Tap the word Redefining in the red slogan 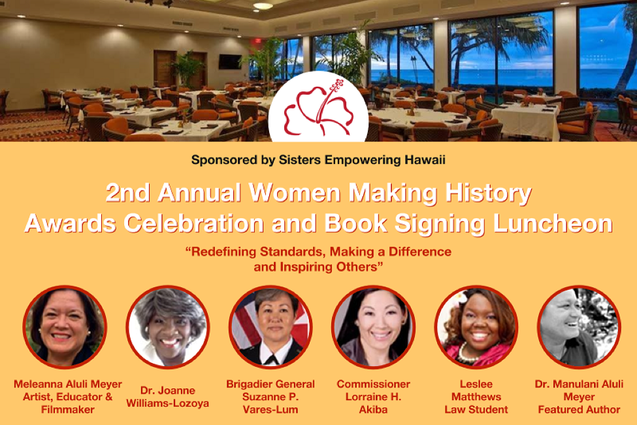pos(225,252)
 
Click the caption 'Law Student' pos(476,410)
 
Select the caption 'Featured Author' pos(579,410)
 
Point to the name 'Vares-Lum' pos(270,410)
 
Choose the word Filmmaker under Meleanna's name pos(65,410)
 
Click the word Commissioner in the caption pos(374,384)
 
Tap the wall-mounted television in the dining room pos(229,61)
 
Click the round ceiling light pos(263,6)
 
